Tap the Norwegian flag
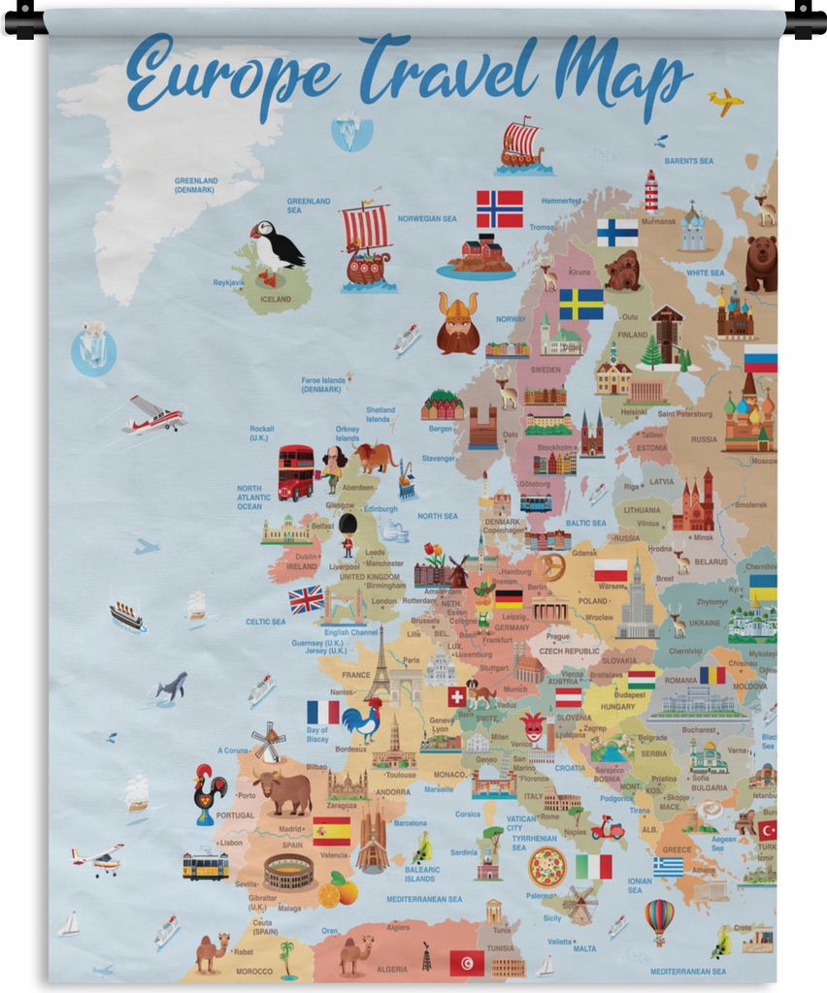tap(499, 208)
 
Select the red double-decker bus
tap(296, 472)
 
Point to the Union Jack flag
tap(307, 599)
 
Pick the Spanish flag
tap(332, 831)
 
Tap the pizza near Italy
tap(546, 866)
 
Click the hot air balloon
tap(659, 918)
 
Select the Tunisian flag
tap(467, 963)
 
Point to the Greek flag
tap(668, 866)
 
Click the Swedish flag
tap(580, 304)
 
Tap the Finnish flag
tap(617, 232)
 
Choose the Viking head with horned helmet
tap(457, 324)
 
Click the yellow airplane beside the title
tap(724, 101)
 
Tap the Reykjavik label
tap(229, 283)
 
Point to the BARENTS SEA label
tap(688, 161)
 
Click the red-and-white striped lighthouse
tap(651, 191)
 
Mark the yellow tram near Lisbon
tap(206, 866)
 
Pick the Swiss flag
tap(457, 696)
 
